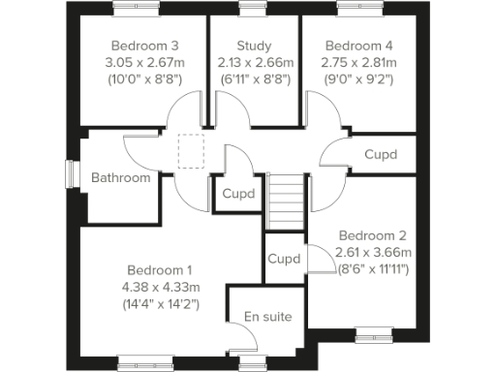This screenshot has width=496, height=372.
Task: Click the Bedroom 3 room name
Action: coord(145,46)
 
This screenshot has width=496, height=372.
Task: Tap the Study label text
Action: coord(253,46)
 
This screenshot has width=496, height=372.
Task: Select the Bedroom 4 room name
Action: coord(359,46)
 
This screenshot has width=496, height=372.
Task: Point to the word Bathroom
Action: coord(121,177)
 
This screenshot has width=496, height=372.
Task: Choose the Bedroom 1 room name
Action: coord(162,269)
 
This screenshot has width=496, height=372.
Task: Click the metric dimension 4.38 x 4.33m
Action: coord(162,286)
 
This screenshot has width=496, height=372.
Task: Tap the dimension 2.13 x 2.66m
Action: coord(253,62)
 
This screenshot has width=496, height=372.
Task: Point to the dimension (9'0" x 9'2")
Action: coord(359,78)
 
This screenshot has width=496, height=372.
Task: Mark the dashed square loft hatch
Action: coord(191,152)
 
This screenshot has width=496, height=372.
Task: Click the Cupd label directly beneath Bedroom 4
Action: coord(380,154)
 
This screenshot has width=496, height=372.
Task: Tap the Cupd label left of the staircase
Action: coord(238,193)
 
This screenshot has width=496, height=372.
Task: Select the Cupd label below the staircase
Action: coord(284,260)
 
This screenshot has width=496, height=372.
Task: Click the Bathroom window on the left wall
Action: coord(71,172)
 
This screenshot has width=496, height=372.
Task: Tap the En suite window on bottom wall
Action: coord(253,362)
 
